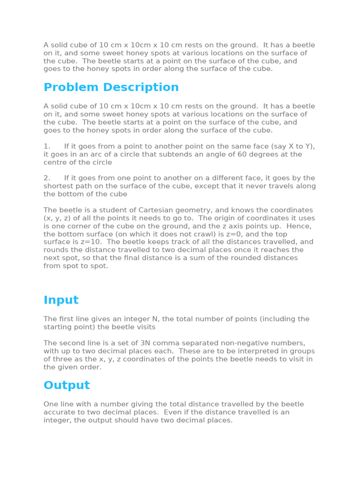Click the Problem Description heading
point(111,88)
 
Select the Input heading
point(61,300)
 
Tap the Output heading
point(67,385)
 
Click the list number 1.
point(46,146)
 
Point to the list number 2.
point(46,178)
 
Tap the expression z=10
point(91,242)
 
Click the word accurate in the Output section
point(60,412)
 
